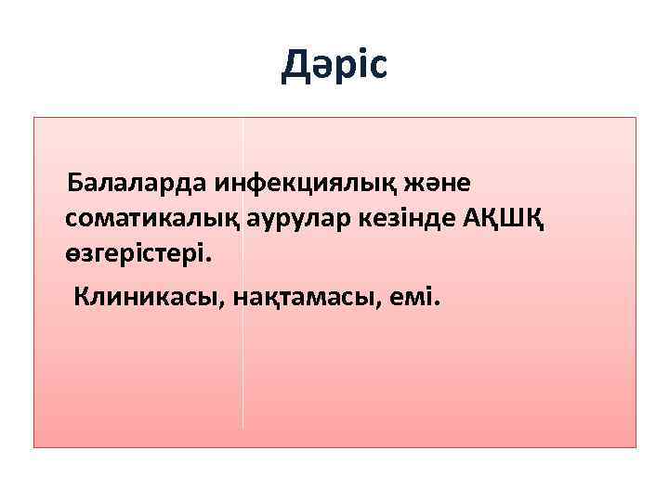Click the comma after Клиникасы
[x=226, y=304]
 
